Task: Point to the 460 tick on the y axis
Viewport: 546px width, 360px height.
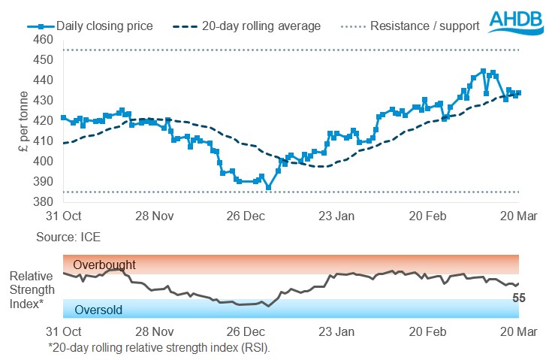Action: (44, 39)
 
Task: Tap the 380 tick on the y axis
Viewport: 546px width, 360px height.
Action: (44, 202)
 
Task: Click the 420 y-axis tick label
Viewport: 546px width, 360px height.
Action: (44, 120)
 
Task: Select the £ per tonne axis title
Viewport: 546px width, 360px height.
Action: (24, 120)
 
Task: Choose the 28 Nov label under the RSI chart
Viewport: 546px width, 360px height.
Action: (155, 331)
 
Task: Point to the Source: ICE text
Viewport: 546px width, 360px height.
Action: (68, 237)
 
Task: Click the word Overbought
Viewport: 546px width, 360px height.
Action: (105, 265)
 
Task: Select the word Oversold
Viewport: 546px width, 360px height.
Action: (98, 310)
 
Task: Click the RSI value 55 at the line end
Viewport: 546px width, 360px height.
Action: (518, 298)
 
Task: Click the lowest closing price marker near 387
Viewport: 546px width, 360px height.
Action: (269, 187)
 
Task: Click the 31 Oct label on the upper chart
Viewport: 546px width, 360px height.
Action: (62, 216)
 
